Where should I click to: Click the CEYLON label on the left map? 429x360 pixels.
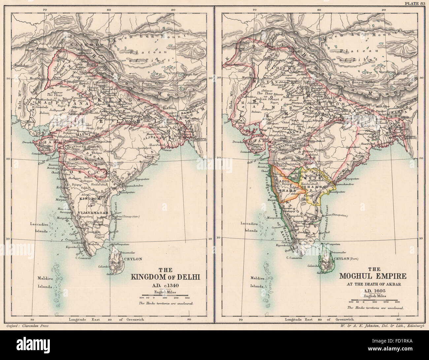133,259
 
